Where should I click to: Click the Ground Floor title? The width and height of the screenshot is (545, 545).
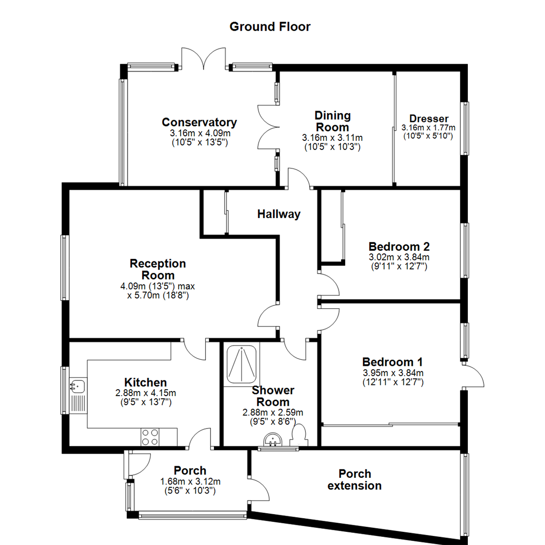270,27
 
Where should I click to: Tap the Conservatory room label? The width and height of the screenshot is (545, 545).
199,123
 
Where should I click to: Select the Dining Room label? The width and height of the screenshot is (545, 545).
333,121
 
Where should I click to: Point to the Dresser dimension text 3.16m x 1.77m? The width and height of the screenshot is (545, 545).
429,128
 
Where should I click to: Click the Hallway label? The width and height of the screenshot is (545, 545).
279,214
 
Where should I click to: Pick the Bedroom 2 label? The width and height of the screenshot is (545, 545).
399,247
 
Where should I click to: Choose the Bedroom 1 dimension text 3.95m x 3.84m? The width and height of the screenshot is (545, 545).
393,373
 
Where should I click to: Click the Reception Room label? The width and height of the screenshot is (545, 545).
158,269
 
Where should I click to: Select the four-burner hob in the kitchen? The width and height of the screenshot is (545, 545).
150,437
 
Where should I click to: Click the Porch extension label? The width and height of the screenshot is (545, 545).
355,480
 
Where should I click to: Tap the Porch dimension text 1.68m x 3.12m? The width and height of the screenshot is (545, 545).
190,481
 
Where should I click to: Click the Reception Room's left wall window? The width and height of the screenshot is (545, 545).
65,267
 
